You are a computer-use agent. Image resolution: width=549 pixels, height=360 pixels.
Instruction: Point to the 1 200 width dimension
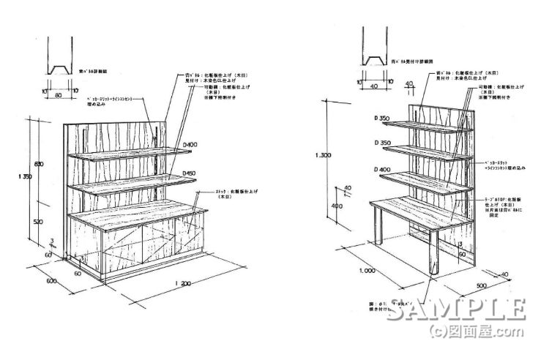(x=185, y=282)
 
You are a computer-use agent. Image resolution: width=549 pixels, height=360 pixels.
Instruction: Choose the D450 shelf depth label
(x=190, y=173)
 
